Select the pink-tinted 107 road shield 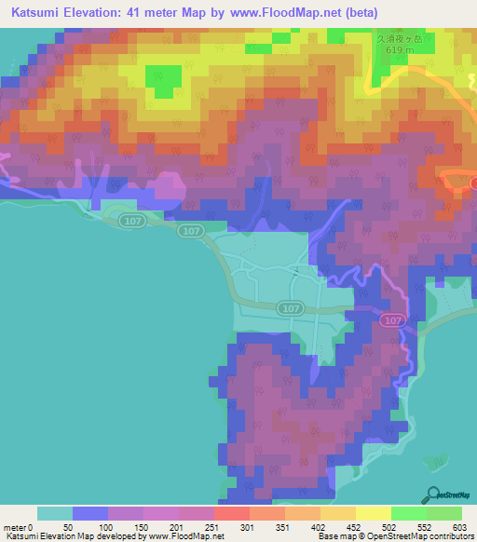[392, 319]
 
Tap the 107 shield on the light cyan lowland [290, 307]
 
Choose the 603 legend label [460, 527]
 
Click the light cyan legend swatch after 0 [55, 513]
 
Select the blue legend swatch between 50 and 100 [90, 513]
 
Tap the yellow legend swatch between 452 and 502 [373, 513]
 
